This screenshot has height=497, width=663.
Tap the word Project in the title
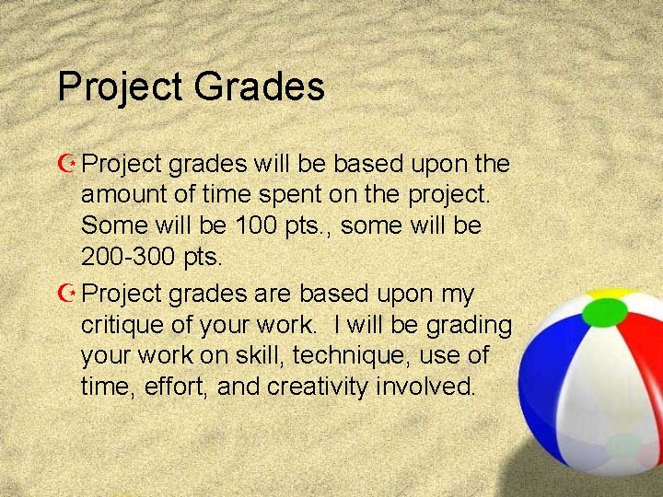click(118, 88)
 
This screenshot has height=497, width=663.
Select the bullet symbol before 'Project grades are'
click(66, 295)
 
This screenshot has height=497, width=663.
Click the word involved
click(427, 387)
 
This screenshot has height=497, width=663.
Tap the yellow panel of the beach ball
click(609, 295)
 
